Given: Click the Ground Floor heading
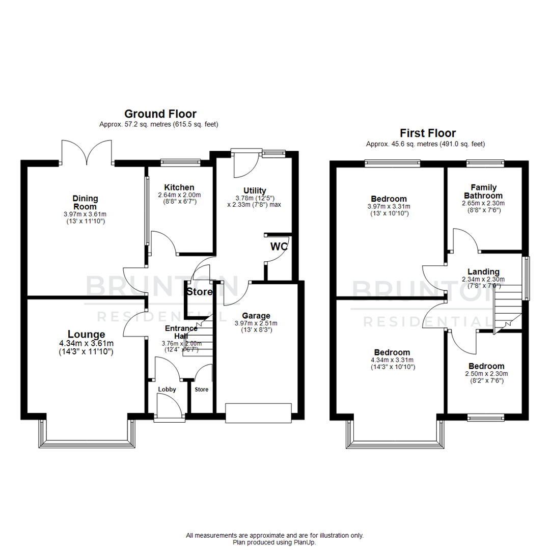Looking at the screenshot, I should click(x=160, y=114).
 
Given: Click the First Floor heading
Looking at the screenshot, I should click(x=427, y=133).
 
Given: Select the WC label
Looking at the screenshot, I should click(x=279, y=246).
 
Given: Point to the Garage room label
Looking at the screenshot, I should click(x=256, y=316).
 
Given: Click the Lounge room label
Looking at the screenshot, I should click(x=86, y=335).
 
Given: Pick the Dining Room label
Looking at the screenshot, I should click(x=85, y=202).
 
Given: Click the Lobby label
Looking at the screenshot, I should click(x=167, y=390).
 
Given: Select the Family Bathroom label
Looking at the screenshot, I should click(x=483, y=191).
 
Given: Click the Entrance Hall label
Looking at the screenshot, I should click(x=180, y=332).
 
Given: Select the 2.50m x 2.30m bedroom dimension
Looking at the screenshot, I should click(x=486, y=374).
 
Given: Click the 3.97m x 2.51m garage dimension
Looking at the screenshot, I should click(x=256, y=323).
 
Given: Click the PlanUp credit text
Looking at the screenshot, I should click(x=274, y=543).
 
